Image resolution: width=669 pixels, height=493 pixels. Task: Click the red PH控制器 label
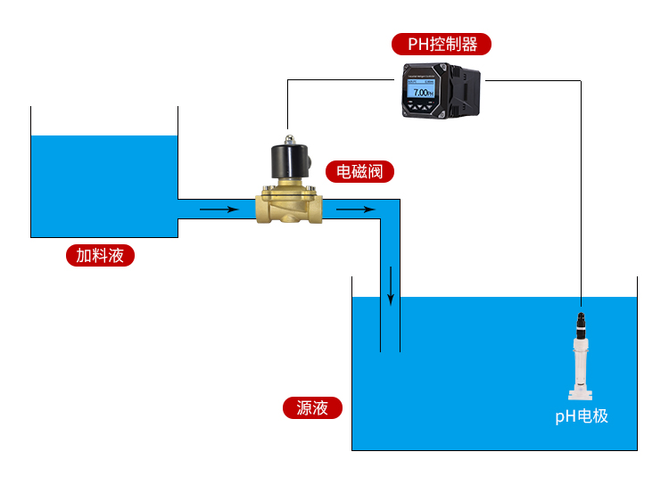442,45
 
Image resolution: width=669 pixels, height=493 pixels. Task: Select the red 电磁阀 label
359,171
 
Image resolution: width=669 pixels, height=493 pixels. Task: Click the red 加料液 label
100,256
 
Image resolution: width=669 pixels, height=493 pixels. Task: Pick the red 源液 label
312,408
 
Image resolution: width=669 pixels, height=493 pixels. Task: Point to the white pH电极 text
582,415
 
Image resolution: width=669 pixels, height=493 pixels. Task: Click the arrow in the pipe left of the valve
219,210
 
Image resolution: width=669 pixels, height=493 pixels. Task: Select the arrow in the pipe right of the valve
355,210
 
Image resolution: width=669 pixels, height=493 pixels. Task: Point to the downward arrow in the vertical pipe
391,285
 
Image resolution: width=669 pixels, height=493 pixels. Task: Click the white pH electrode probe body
581,361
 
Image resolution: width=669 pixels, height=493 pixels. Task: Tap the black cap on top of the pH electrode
581,321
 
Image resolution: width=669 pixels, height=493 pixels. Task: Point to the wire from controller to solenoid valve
287,103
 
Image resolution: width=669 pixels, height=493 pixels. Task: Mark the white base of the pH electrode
581,392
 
